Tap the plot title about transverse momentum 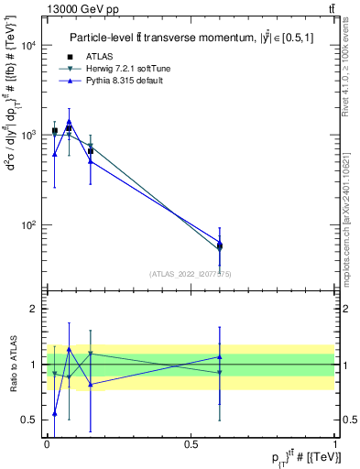click(190, 38)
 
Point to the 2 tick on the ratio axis click(36, 310)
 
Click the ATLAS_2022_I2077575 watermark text click(191, 274)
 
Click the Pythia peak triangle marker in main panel click(69, 121)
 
